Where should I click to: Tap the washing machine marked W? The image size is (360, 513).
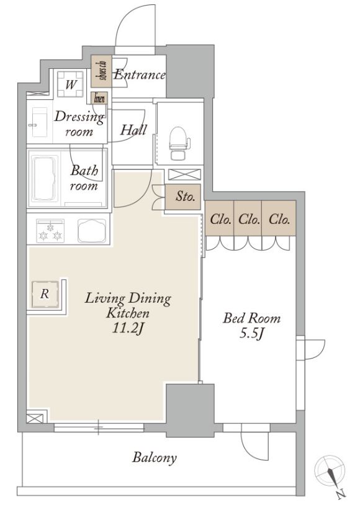(x=70, y=84)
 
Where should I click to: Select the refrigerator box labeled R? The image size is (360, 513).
(x=45, y=294)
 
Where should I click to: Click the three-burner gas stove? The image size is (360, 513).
(x=50, y=231)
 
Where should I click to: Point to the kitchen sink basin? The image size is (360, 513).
(x=92, y=231)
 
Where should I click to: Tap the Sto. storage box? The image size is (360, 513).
(x=182, y=197)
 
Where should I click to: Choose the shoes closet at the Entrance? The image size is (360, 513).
(x=101, y=71)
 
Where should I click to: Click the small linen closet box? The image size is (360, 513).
(x=99, y=98)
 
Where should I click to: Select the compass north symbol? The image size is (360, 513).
(x=331, y=474)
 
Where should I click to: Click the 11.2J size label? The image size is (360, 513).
(x=128, y=328)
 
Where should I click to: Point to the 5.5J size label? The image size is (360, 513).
(x=251, y=333)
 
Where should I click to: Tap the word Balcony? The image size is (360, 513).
(x=154, y=458)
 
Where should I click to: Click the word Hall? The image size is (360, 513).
(x=133, y=130)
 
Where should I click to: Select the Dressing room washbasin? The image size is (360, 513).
(x=40, y=123)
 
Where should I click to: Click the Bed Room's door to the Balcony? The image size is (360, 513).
(x=255, y=442)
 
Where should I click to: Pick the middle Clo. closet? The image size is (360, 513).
(x=248, y=218)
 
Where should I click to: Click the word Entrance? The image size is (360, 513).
(x=140, y=75)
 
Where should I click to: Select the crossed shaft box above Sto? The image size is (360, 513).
(x=184, y=174)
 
